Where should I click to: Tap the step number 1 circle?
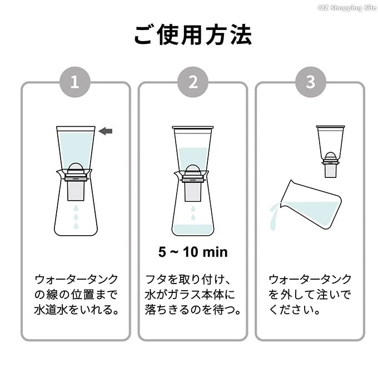click(76, 82)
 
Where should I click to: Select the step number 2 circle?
click(193, 82)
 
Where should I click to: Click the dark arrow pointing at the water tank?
click(106, 131)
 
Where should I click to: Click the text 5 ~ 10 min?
click(193, 252)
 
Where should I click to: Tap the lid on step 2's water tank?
click(192, 128)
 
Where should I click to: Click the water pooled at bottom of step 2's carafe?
click(192, 228)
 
